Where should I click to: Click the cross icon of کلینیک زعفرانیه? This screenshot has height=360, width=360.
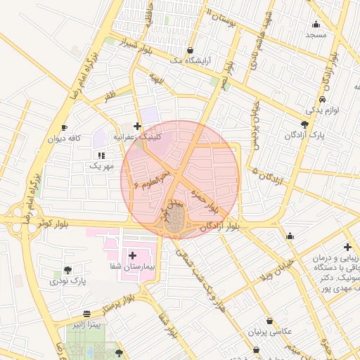point(137,126)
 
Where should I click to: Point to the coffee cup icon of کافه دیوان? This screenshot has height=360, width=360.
point(64,128)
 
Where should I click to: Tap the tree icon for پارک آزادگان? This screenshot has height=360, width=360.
point(304,124)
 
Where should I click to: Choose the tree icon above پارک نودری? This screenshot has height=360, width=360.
point(67,269)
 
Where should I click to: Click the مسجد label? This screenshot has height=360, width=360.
point(316,34)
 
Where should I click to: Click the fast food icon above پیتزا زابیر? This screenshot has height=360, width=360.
point(86,314)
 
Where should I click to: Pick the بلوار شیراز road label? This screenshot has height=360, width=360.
point(136,47)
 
